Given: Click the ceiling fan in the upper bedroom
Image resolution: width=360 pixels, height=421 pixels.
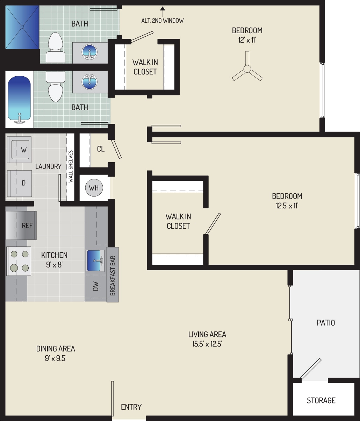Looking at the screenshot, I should point(247,69).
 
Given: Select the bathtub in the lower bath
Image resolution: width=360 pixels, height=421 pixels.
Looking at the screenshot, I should point(20,100).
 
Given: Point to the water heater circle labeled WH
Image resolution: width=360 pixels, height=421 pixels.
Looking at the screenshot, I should point(94,188).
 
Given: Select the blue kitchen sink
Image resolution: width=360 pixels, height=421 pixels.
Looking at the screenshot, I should point(95,261).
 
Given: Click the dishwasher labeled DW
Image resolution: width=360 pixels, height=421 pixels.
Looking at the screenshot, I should point(95,287).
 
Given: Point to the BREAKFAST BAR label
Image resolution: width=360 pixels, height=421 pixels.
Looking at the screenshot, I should point(113,275).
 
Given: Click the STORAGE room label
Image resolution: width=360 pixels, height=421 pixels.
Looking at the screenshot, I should point(321,400).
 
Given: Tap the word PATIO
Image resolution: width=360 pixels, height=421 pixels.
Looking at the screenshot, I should point(325,322).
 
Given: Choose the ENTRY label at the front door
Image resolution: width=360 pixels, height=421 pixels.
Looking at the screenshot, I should point(131,407).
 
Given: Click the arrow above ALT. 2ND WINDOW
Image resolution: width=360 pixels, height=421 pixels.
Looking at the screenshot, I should point(162,9).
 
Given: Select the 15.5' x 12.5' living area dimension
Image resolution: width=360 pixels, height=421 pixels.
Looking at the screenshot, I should point(207,344).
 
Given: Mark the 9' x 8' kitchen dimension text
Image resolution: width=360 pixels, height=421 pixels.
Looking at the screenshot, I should point(54,265).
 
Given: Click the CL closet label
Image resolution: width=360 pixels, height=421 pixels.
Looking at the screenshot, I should point(101,149).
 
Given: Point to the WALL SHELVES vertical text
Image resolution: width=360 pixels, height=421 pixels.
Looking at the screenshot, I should point(71,166).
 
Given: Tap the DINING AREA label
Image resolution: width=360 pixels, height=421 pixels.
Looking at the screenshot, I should point(56,349).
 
